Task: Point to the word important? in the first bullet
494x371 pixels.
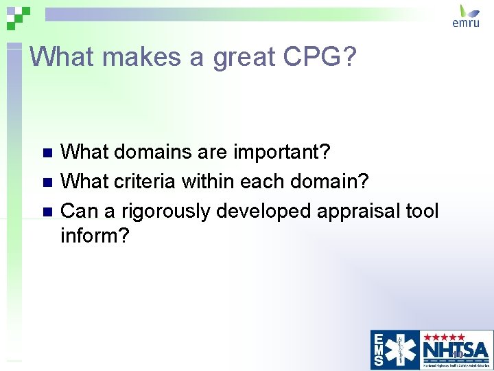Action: (x=283, y=152)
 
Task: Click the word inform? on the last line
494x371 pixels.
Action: (x=95, y=236)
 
